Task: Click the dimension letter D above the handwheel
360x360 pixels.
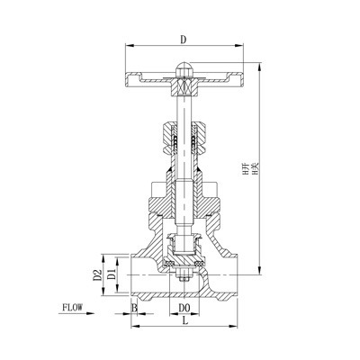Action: click(183, 40)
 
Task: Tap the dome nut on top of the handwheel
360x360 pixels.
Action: click(183, 68)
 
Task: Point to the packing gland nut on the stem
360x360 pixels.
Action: click(183, 136)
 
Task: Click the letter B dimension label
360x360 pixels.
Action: click(134, 308)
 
